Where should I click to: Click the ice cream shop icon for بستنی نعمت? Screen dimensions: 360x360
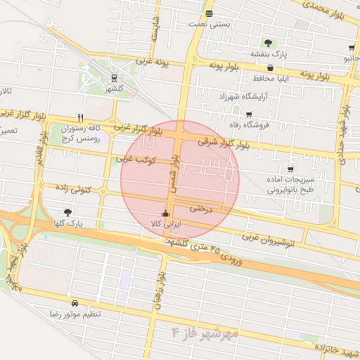pos(209,13)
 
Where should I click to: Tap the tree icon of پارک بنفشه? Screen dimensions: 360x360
pos(266,42)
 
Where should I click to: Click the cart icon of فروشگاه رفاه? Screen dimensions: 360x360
pos(248,114)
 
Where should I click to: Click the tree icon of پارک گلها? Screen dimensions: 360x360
pos(67,212)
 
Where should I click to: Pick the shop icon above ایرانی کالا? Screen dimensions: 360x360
pos(166,213)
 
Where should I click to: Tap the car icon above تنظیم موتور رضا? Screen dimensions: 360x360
pos(75,303)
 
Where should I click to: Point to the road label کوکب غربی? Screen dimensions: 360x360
pos(136,160)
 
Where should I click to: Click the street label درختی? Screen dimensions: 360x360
pos(202,208)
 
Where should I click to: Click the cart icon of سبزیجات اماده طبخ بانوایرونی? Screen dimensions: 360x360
pos(290,169)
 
